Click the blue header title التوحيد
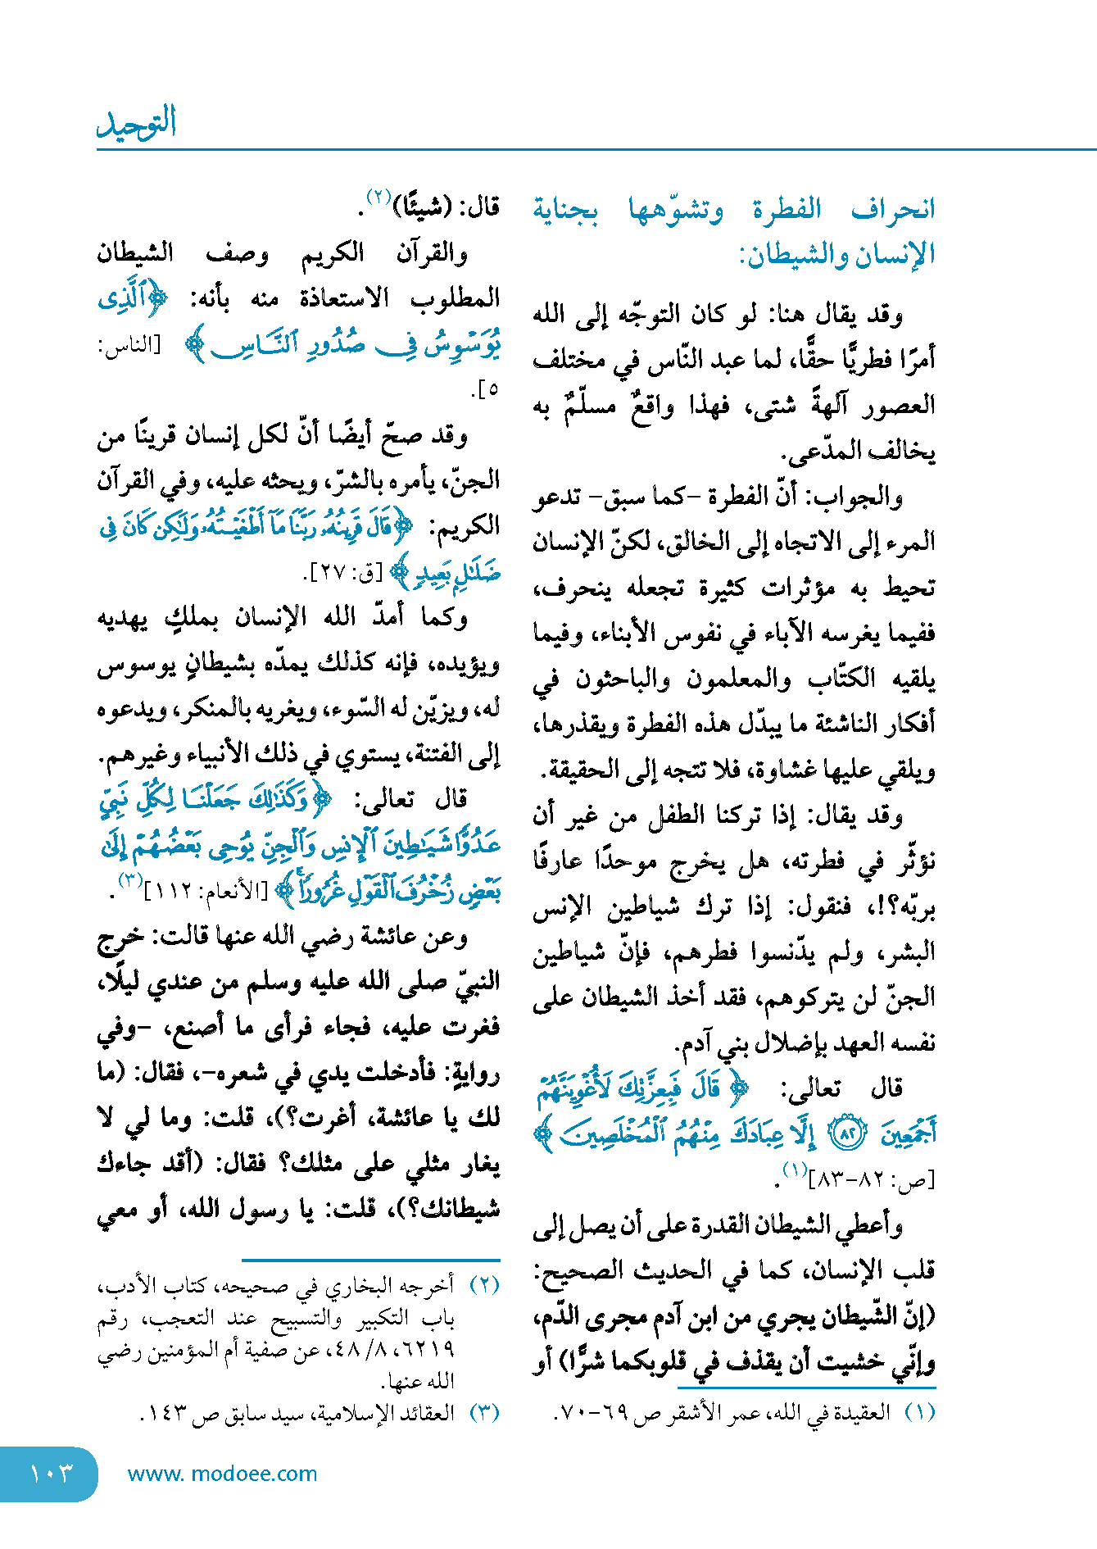click(x=137, y=124)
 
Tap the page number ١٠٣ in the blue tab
click(x=51, y=1474)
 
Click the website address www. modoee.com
click(x=222, y=1474)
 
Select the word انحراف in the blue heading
click(x=893, y=209)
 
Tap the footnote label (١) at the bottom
click(x=919, y=1413)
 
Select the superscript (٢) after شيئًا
click(x=379, y=197)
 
